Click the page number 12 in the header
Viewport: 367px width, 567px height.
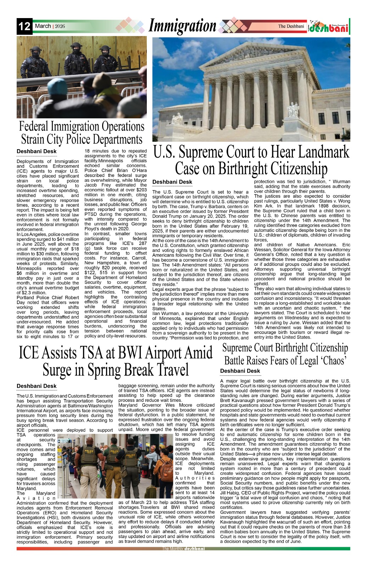24,27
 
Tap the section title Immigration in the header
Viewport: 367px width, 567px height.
182,26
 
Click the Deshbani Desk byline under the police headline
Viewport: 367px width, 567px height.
37,151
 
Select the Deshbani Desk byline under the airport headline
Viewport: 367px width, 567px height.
37,386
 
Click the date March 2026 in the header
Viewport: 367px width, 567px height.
50,26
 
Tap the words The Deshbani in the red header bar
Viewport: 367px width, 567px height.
291,26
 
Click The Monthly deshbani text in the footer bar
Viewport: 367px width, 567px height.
183,549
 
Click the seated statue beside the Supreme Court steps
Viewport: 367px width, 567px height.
293,110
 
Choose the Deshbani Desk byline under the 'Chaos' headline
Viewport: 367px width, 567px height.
240,371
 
